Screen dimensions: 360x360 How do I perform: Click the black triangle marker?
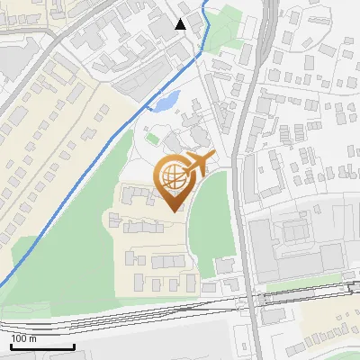click(181, 23)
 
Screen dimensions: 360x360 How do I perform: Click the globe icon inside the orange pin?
click(171, 176)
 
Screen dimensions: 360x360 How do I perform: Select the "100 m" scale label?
click(24, 338)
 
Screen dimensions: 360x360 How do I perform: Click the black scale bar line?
click(42, 347)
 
